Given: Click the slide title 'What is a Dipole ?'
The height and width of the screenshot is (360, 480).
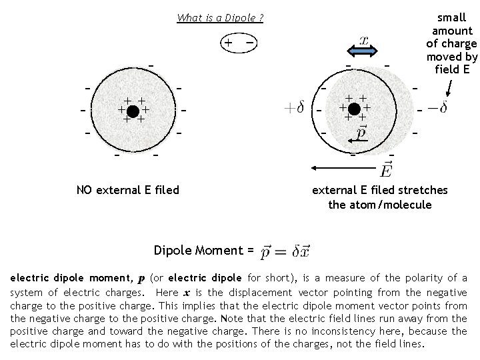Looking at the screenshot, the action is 220,18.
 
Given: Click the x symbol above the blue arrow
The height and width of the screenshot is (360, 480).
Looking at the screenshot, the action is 364,40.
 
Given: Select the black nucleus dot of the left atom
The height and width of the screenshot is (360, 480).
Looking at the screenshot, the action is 133,109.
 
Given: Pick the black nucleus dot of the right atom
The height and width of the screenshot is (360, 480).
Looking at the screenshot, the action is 354,108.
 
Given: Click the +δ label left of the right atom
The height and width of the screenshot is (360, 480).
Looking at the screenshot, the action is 294,108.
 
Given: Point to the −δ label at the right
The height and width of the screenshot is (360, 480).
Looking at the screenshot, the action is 437,107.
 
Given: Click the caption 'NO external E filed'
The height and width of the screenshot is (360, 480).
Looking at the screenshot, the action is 128,190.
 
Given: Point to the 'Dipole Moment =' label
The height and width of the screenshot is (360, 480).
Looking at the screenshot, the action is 203,251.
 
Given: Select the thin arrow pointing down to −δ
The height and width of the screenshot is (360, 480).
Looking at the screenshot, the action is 450,88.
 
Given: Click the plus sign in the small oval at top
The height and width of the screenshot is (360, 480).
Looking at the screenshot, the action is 228,43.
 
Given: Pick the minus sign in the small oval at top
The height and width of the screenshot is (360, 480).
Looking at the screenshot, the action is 249,43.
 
